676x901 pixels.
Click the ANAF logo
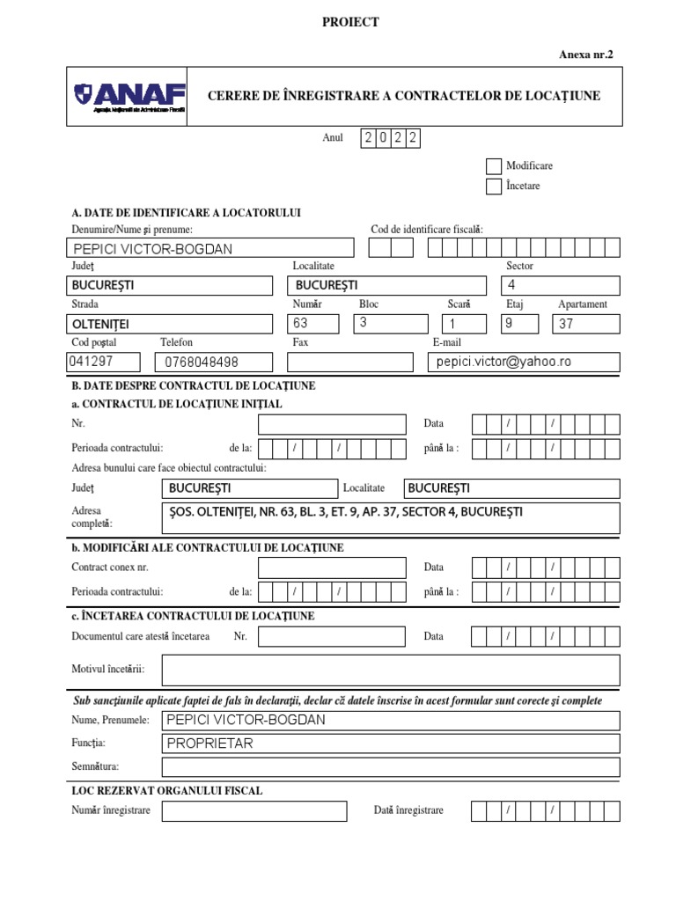(x=129, y=96)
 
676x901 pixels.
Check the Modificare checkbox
(x=493, y=165)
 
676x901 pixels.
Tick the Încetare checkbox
(x=493, y=186)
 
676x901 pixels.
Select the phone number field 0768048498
(x=217, y=362)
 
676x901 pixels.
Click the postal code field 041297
(x=104, y=362)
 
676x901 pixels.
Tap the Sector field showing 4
(x=560, y=285)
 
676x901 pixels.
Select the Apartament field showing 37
(x=585, y=324)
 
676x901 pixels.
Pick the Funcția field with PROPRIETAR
(x=391, y=744)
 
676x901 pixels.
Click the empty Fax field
(x=349, y=362)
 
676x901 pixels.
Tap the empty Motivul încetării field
(x=391, y=670)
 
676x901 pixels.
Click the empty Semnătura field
(x=391, y=767)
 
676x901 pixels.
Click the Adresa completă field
(x=391, y=518)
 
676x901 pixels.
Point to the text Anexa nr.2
(x=585, y=55)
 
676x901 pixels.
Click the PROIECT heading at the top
(x=350, y=22)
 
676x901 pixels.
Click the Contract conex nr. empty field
(x=332, y=568)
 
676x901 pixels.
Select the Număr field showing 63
(x=317, y=323)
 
